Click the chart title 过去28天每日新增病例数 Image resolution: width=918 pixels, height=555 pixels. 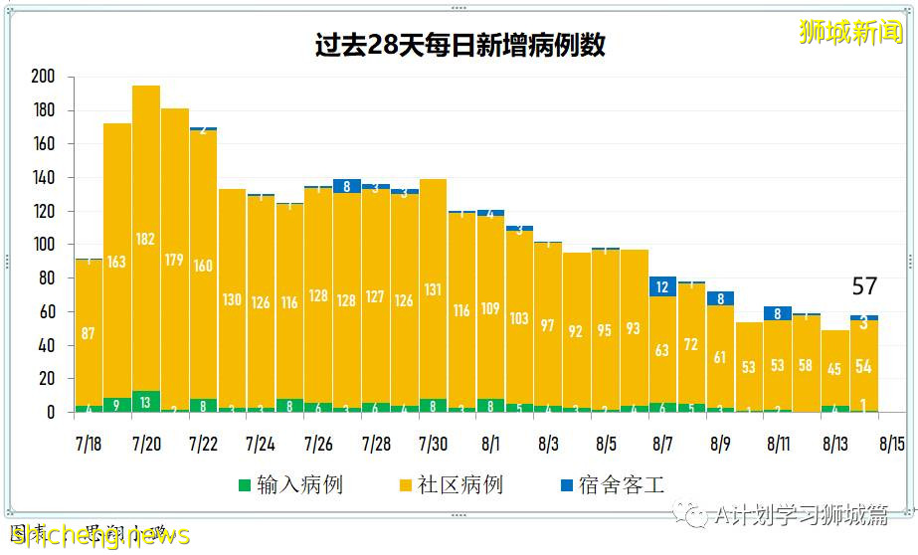click(x=459, y=46)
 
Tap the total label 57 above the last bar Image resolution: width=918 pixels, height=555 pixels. click(x=864, y=286)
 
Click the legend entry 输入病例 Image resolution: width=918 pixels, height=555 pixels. click(x=299, y=485)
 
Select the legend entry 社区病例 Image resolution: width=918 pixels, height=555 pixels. click(x=459, y=485)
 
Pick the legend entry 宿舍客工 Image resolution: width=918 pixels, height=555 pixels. click(x=622, y=485)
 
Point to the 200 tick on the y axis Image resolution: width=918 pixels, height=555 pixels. click(x=43, y=77)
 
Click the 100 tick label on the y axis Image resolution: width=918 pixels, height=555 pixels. click(x=43, y=245)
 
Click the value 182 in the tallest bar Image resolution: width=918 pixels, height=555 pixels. click(x=146, y=240)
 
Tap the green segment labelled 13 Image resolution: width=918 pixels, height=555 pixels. click(x=146, y=402)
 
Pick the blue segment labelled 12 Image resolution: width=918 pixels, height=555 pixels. click(x=661, y=287)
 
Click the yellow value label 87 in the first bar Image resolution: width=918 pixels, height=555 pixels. click(x=89, y=334)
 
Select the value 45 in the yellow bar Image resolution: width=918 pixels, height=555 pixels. click(x=834, y=370)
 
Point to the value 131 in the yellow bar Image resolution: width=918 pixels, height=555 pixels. click(x=433, y=290)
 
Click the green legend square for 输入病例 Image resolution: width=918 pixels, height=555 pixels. click(x=245, y=485)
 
